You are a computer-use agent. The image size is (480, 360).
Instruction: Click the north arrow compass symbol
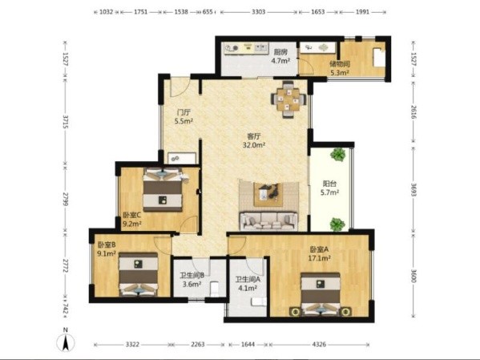[65, 342]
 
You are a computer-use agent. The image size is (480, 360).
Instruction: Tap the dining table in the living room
[288, 99]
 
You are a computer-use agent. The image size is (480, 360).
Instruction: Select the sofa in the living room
[268, 221]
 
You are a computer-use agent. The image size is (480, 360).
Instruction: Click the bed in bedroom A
[321, 294]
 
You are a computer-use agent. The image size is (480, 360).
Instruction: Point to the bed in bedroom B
[139, 273]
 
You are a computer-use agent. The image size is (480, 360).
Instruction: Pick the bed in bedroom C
[163, 190]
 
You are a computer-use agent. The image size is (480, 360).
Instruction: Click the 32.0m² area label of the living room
[254, 145]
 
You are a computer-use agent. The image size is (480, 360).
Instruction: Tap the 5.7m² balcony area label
[329, 192]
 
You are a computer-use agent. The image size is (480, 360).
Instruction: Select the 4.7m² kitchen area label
[280, 61]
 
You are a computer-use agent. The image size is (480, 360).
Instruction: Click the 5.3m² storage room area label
[340, 73]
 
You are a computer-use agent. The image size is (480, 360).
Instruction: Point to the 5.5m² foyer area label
[184, 121]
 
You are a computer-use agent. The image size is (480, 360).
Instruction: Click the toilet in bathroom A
[258, 301]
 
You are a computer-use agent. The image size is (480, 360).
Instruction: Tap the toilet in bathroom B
[215, 289]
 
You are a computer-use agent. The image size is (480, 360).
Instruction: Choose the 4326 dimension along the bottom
[319, 345]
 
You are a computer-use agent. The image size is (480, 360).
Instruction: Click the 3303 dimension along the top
[258, 12]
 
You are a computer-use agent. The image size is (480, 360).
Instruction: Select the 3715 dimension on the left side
[65, 122]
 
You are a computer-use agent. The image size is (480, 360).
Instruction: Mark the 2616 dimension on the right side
[413, 112]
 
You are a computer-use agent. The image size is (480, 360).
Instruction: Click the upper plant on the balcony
[338, 154]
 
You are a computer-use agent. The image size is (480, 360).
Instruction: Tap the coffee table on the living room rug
[268, 192]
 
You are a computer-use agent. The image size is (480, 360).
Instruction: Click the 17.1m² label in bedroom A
[319, 258]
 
